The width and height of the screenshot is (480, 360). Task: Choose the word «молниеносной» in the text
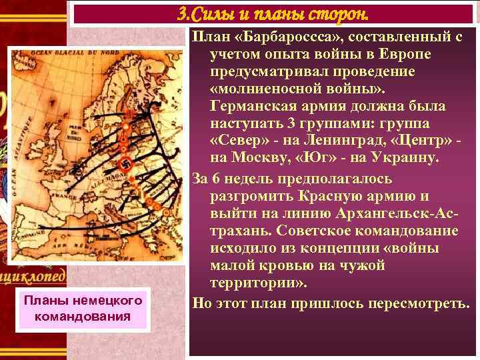(266, 89)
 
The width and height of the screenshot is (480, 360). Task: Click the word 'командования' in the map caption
(82, 315)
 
